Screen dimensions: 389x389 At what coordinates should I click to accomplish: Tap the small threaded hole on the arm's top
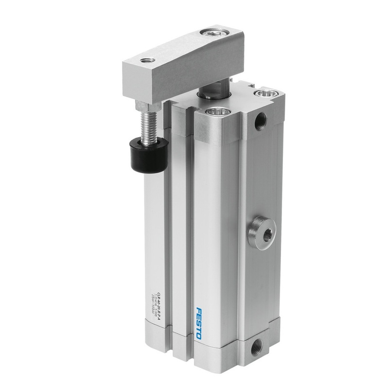pyautogui.click(x=146, y=61)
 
